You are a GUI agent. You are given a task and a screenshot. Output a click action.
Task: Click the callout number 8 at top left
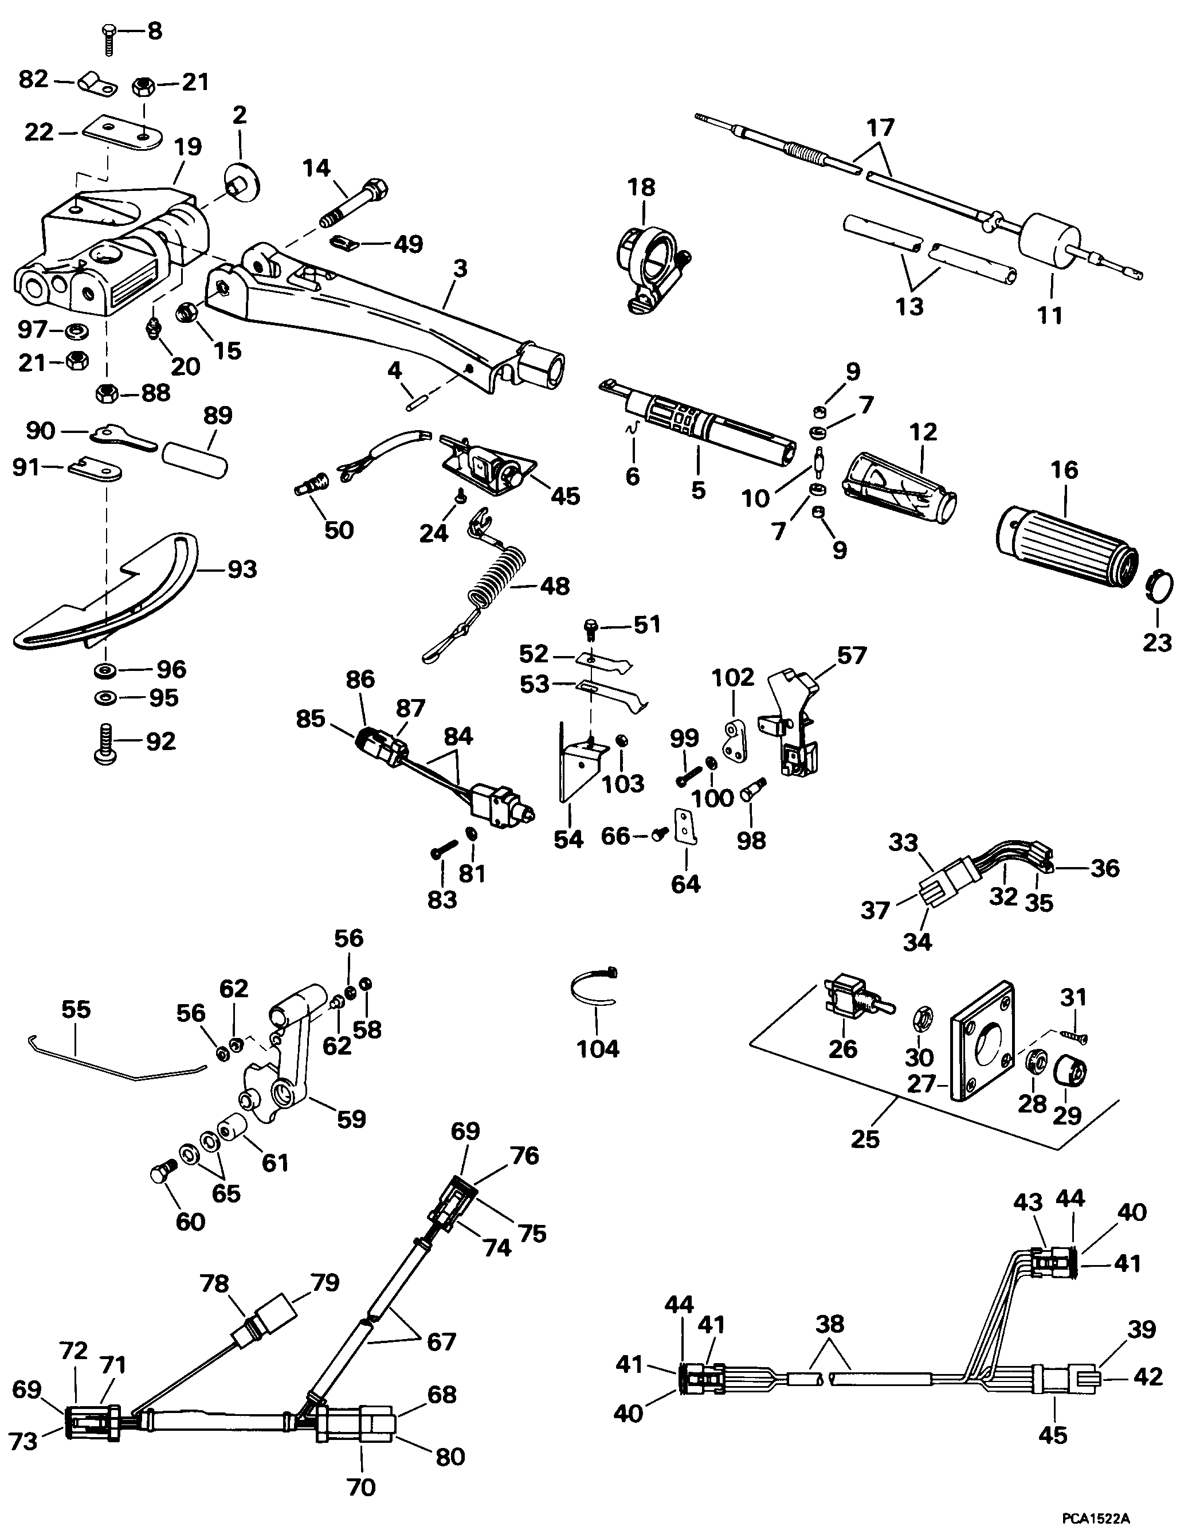coord(155,32)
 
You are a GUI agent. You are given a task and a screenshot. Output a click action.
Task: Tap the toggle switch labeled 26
coord(852,1002)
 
